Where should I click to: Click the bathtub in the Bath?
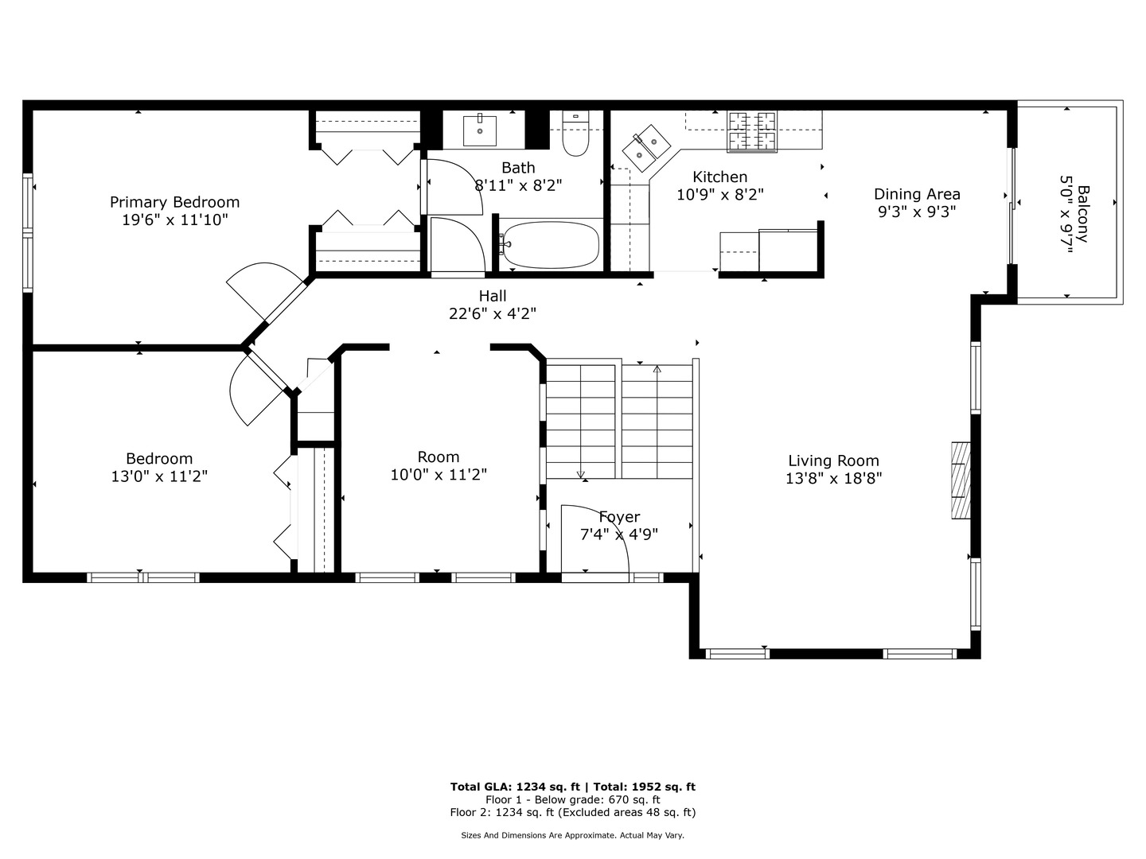pyautogui.click(x=551, y=245)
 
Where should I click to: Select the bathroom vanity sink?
pyautogui.click(x=480, y=131)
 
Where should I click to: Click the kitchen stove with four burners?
pyautogui.click(x=751, y=131)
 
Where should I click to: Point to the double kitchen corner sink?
pyautogui.click(x=645, y=148)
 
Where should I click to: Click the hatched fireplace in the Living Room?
pyautogui.click(x=961, y=480)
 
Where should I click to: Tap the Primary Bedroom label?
pyautogui.click(x=174, y=202)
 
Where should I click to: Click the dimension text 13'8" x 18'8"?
pyautogui.click(x=833, y=478)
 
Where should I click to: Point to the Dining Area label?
pyautogui.click(x=917, y=194)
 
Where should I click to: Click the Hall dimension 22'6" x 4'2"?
pyautogui.click(x=493, y=313)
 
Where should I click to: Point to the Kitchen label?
pyautogui.click(x=719, y=177)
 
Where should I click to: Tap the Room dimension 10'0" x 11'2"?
pyautogui.click(x=439, y=475)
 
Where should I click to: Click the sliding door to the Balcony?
pyautogui.click(x=1012, y=205)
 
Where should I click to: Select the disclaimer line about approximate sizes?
pyautogui.click(x=572, y=835)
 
